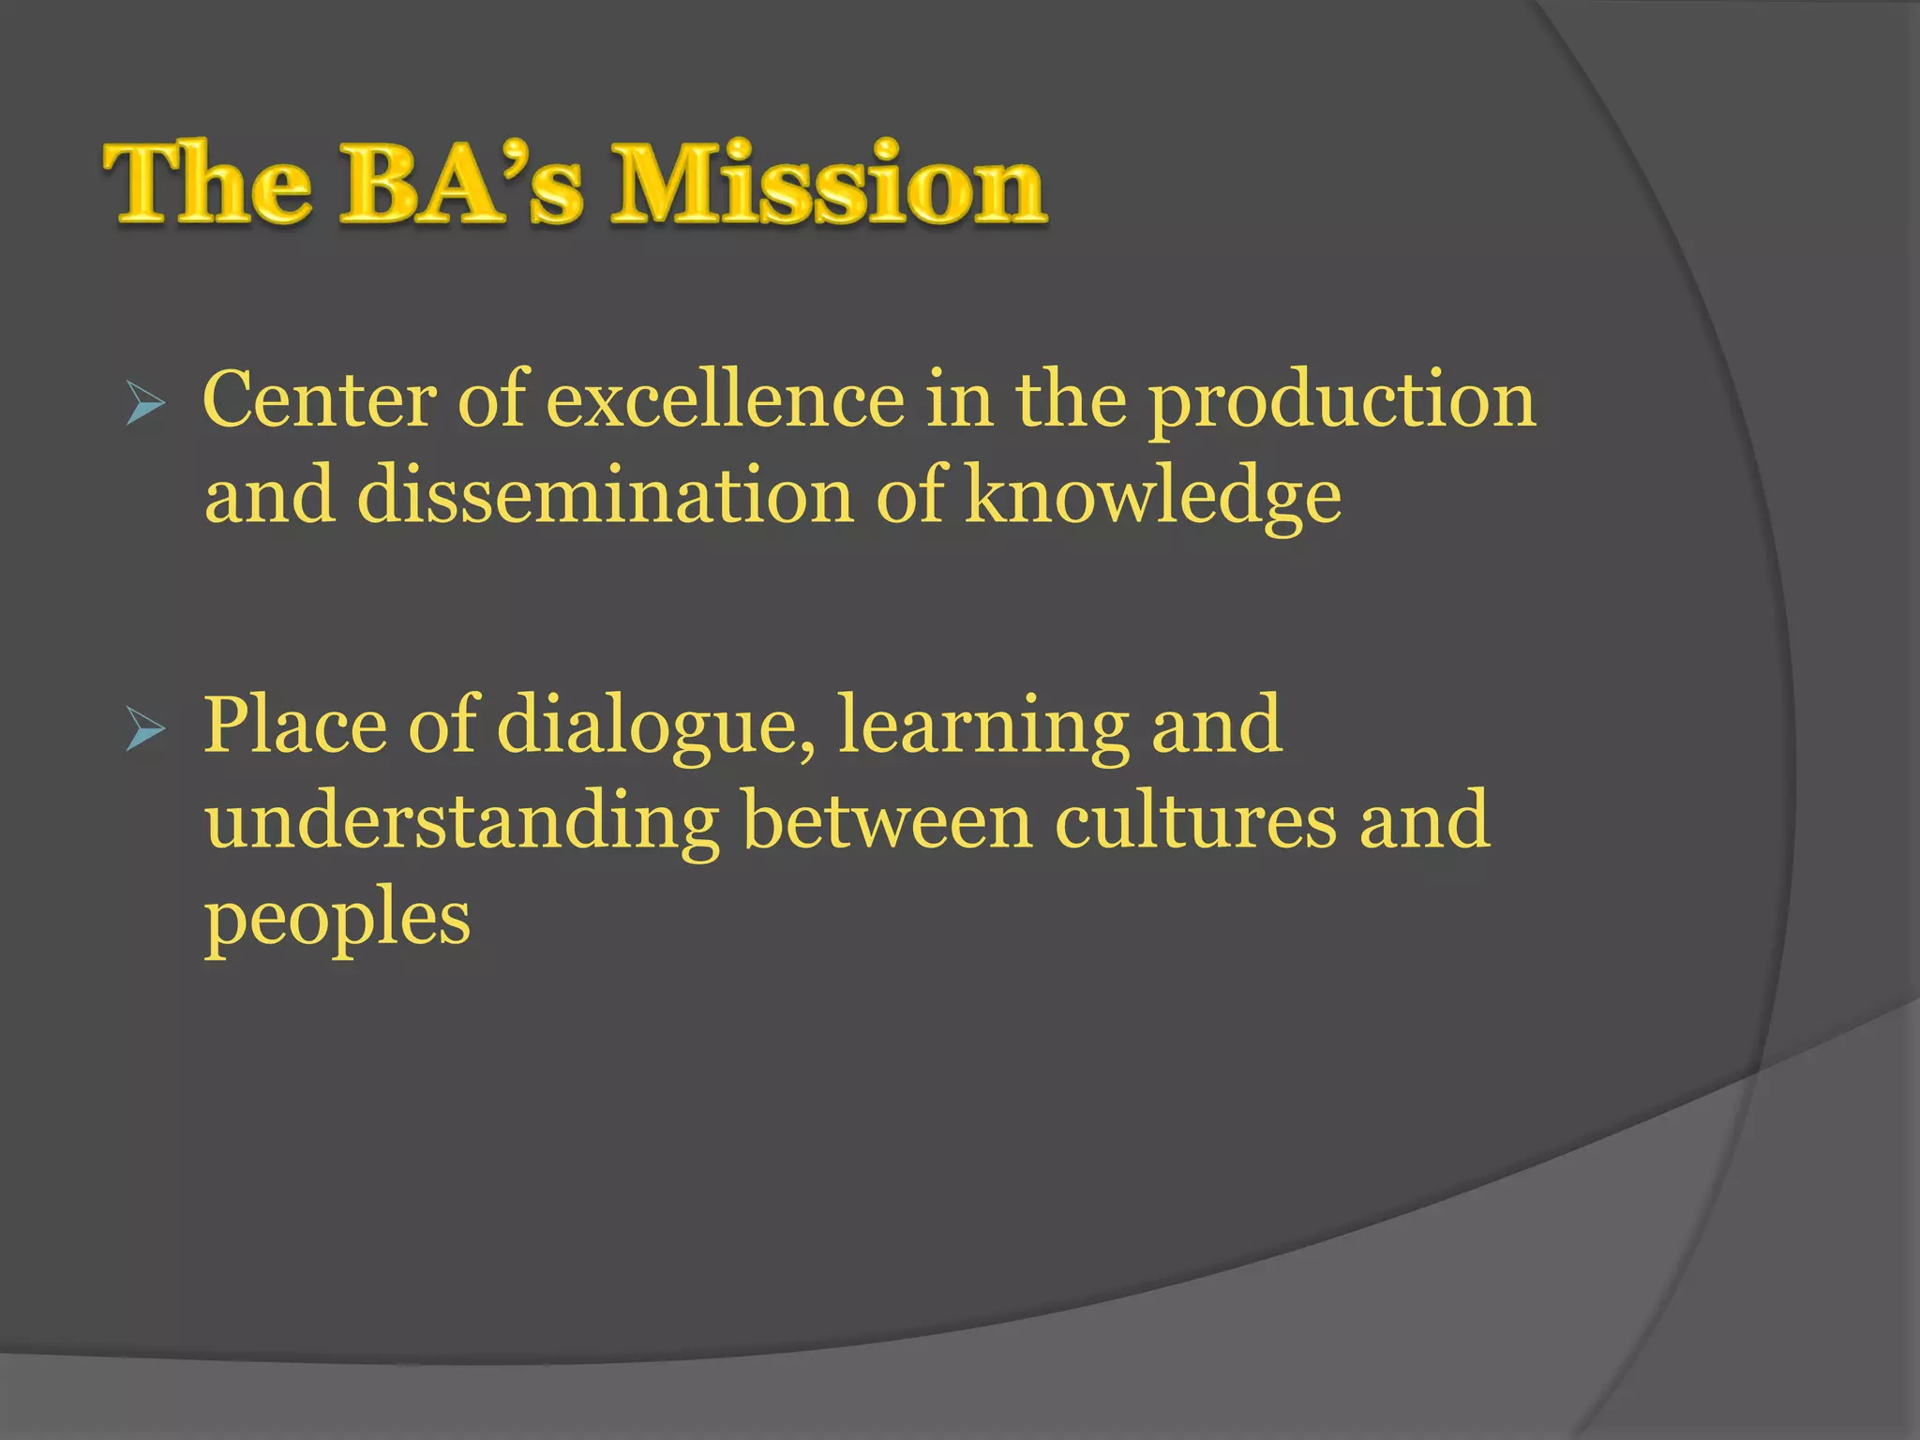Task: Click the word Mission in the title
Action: tap(829, 185)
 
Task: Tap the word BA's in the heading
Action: tap(461, 185)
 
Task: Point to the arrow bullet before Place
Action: tap(144, 730)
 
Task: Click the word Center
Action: tap(319, 401)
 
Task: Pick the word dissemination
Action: tap(606, 497)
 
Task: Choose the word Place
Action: tap(295, 727)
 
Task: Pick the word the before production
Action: tap(1071, 401)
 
